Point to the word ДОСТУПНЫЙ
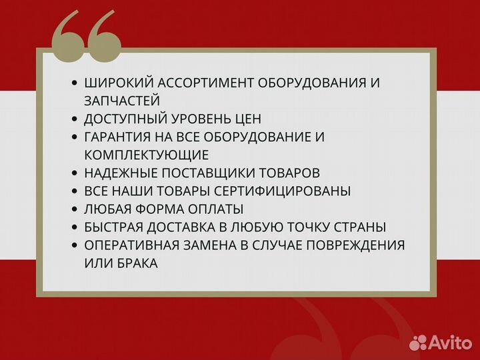pos(123,119)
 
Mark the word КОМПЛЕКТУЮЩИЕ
pos(147,155)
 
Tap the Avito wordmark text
pos(450,342)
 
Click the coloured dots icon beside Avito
pos(419,342)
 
